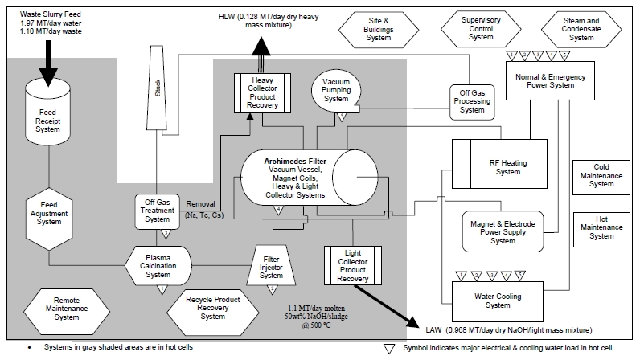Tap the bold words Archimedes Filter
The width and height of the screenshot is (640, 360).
tap(285, 160)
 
